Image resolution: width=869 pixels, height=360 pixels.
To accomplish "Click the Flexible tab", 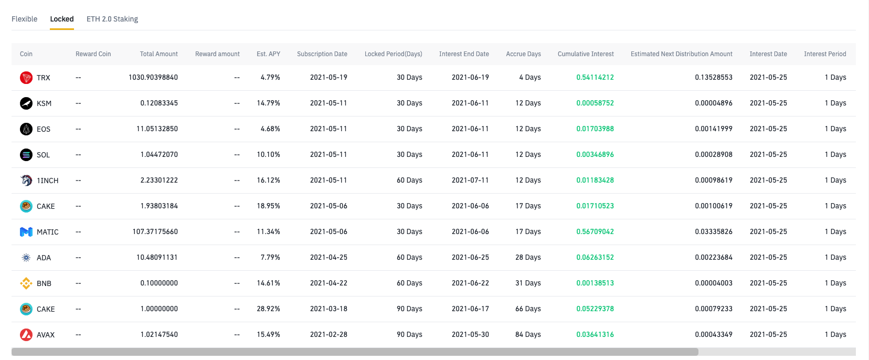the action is (25, 19).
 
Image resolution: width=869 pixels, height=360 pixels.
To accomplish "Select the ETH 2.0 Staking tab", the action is (112, 19).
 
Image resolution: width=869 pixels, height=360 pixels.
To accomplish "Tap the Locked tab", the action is (62, 19).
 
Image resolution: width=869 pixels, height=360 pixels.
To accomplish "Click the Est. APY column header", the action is (269, 54).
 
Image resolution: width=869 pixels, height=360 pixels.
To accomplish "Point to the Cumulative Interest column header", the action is (586, 54).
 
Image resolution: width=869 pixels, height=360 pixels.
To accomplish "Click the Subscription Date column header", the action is (322, 54).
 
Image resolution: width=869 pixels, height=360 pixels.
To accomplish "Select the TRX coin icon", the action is (26, 78).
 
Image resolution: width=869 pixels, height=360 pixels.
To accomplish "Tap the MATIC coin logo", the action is (26, 232).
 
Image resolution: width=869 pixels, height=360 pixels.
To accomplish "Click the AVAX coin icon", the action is (26, 335).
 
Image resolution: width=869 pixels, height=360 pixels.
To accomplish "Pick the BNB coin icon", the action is (26, 283).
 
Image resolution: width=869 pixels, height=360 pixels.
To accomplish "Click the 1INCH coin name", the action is (48, 181).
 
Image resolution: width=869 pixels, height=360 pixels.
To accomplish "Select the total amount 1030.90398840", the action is (153, 77).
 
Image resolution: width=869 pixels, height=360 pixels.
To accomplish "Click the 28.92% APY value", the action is (269, 309).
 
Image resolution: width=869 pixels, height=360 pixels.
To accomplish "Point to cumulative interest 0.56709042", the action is (595, 231).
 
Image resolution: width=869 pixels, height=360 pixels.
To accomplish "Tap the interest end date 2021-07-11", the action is (470, 180).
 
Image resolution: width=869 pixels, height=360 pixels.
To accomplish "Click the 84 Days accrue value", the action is (528, 334).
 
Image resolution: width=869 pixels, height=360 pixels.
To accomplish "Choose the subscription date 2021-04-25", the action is (328, 257).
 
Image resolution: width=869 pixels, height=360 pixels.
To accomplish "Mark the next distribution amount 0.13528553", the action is (714, 77).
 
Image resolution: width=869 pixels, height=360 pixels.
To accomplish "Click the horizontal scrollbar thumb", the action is (355, 352).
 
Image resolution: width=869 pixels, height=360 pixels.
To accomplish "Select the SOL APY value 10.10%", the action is (269, 154).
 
